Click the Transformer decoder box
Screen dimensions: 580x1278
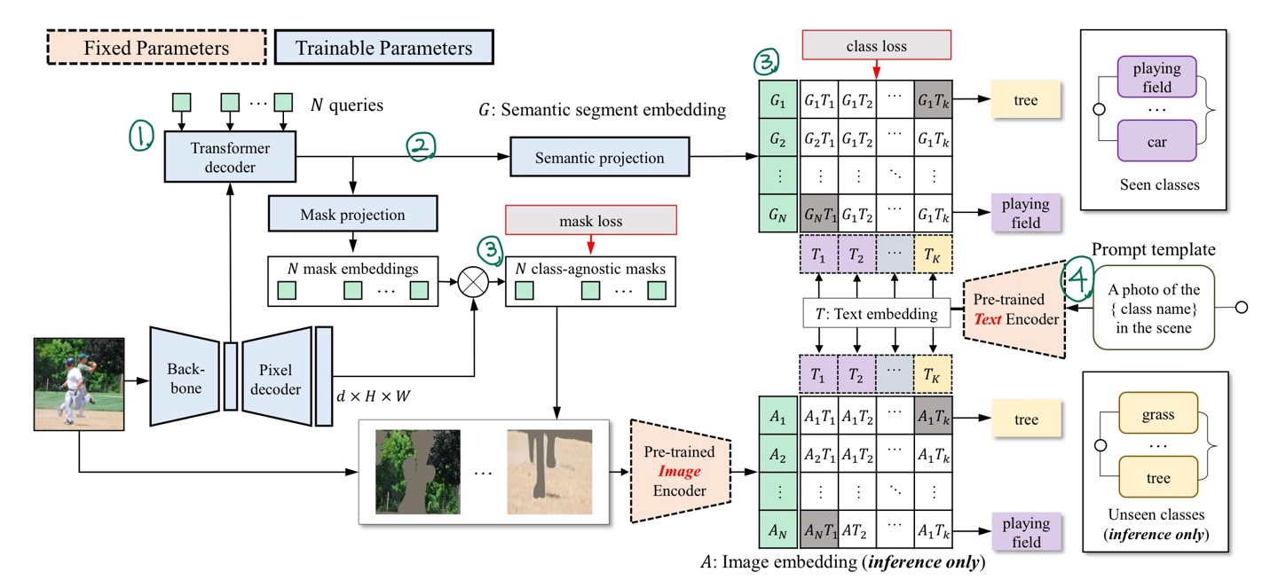click(x=230, y=157)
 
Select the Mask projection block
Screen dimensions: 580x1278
click(x=353, y=215)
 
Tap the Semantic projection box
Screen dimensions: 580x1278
click(x=600, y=158)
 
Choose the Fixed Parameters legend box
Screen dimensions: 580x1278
click(x=156, y=47)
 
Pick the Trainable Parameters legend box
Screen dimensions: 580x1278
click(x=383, y=47)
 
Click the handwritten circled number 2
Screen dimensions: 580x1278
click(x=420, y=146)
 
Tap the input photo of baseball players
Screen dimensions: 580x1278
click(x=78, y=382)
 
